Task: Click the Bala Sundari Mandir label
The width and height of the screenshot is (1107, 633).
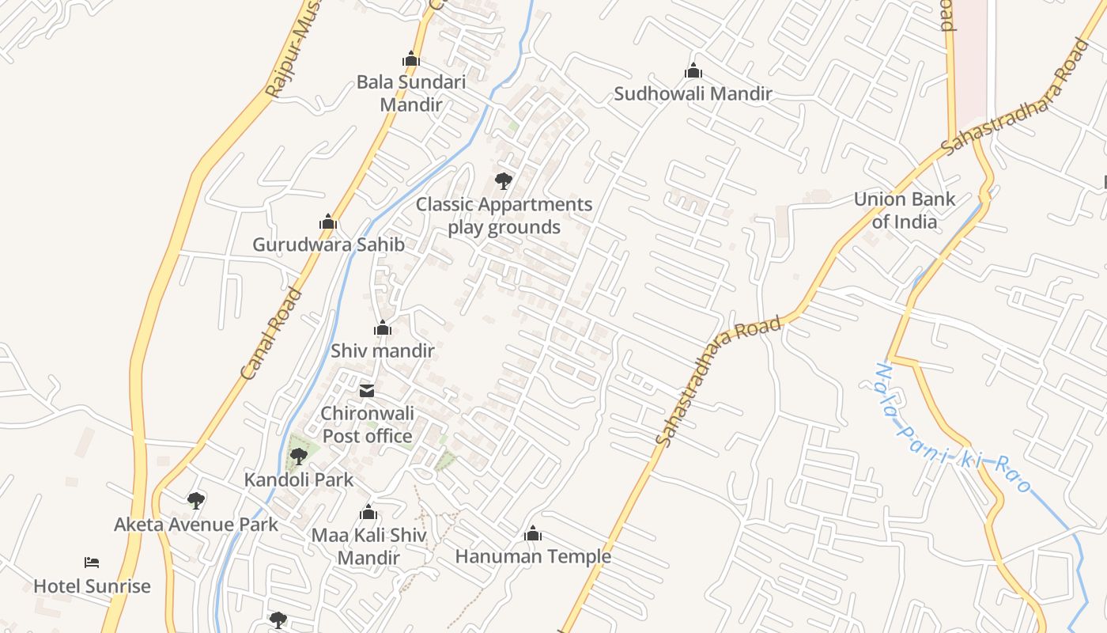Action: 410,93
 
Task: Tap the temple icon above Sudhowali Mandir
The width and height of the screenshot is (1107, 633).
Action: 693,71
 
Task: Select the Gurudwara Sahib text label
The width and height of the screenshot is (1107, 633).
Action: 328,244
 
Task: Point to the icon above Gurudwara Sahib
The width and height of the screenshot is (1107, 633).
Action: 328,222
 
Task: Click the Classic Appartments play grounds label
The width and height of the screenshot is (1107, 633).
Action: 504,215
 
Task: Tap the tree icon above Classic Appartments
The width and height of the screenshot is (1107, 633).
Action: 504,181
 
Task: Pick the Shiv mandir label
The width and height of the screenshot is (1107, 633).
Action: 383,351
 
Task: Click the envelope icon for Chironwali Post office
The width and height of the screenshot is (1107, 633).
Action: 367,390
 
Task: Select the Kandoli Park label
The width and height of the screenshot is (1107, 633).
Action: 299,479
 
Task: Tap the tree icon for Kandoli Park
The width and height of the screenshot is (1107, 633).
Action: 299,456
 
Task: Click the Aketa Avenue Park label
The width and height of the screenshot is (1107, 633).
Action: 196,524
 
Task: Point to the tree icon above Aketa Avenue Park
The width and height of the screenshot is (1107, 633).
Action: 196,501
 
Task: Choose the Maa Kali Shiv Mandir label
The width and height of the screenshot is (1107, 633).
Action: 368,546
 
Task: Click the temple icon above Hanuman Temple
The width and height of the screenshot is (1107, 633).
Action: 533,534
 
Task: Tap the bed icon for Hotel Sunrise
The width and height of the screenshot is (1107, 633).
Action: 92,563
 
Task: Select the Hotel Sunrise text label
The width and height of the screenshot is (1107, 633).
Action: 92,586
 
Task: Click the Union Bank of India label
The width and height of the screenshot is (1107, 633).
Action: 905,210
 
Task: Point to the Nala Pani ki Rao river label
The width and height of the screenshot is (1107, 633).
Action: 953,428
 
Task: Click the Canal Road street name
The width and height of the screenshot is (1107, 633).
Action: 271,333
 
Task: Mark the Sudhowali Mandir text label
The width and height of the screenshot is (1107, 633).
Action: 693,94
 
